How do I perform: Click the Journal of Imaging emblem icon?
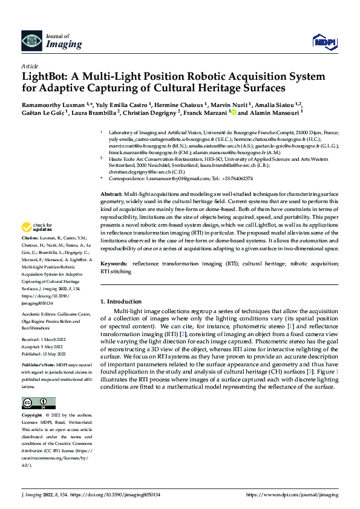[x=31, y=40]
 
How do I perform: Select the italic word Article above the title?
[x=30, y=65]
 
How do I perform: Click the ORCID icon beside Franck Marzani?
[x=234, y=112]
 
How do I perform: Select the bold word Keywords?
[x=114, y=265]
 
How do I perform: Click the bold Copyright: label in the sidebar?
[x=33, y=415]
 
